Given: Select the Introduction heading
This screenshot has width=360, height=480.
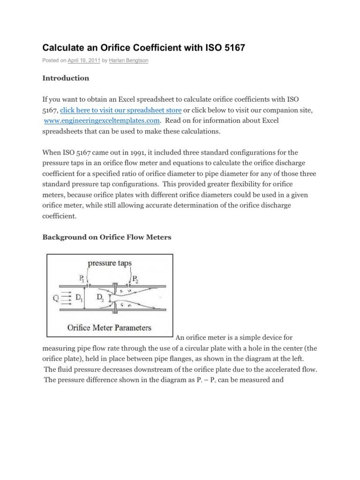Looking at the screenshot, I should (66, 78).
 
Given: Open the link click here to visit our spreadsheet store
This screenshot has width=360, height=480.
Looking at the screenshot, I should (121, 111).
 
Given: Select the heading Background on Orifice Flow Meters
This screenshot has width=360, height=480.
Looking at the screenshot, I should (107, 237).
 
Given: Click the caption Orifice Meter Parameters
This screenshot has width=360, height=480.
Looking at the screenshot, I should (109, 327).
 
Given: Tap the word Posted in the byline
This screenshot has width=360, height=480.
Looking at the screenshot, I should (51, 61).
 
